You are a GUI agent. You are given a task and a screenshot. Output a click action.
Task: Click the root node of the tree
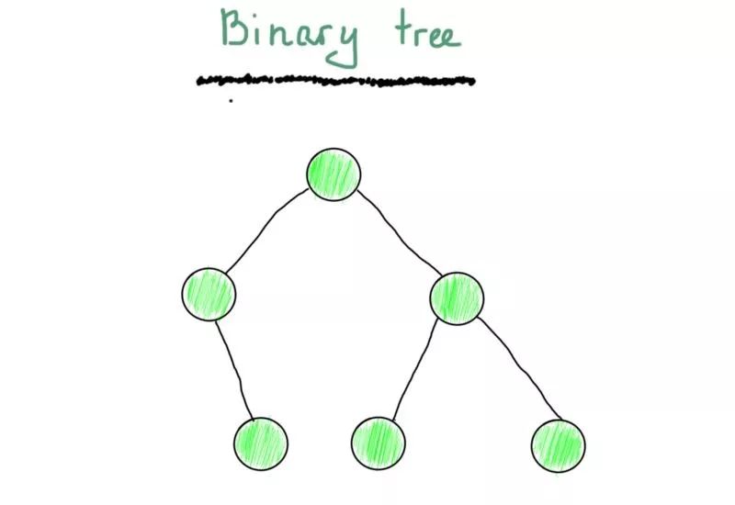(x=334, y=174)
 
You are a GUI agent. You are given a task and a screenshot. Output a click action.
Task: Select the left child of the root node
(x=209, y=294)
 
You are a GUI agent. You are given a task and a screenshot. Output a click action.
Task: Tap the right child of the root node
(x=457, y=297)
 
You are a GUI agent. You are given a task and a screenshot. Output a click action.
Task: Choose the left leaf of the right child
(x=378, y=443)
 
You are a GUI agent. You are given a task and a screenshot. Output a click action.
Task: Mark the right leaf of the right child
(x=558, y=445)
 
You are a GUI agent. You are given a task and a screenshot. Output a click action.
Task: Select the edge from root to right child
(x=400, y=234)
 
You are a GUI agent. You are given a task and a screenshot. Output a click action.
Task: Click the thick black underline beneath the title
(x=336, y=80)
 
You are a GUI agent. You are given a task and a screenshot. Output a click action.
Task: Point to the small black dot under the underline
(x=231, y=100)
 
